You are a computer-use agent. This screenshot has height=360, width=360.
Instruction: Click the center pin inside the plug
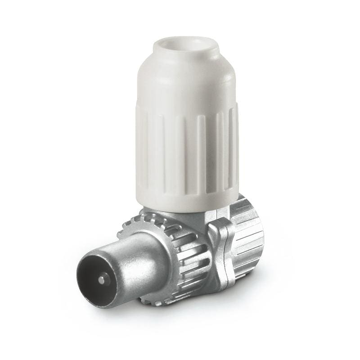coord(103,279)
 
